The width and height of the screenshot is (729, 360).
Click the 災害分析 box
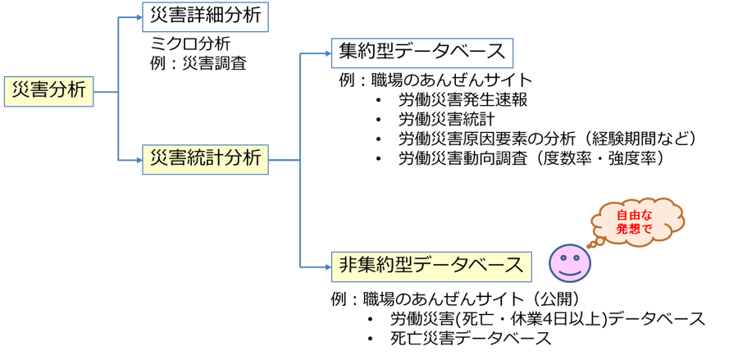click(48, 91)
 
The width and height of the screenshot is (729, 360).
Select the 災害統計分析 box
click(205, 159)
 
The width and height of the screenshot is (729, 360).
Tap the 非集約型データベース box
click(431, 267)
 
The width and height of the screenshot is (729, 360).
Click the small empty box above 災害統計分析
click(205, 17)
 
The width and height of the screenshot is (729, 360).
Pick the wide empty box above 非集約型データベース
click(421, 53)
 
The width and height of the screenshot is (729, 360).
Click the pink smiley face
click(569, 263)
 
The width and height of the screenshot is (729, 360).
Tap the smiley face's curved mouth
click(570, 271)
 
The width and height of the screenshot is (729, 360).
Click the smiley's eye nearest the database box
click(562, 257)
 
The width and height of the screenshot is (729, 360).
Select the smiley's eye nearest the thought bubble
click(577, 257)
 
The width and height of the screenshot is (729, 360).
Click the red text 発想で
click(634, 229)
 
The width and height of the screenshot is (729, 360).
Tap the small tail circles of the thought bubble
click(595, 243)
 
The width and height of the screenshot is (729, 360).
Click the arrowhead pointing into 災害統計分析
click(139, 160)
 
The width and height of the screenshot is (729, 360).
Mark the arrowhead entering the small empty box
click(139, 17)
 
